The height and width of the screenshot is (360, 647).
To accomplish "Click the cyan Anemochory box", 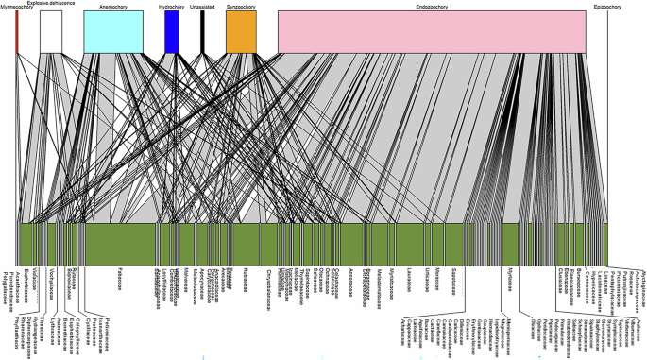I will [113, 32].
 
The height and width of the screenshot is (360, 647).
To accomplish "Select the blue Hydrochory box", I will [172, 32].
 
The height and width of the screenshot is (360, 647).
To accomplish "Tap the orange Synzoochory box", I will [241, 32].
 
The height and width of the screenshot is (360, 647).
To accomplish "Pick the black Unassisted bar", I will [202, 32].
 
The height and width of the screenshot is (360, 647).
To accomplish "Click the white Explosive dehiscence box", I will [51, 32].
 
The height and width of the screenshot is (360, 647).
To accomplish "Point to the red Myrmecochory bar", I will [17, 32].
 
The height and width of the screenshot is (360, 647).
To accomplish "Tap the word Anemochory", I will [114, 7].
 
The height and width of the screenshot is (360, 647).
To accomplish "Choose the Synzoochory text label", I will [240, 7].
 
